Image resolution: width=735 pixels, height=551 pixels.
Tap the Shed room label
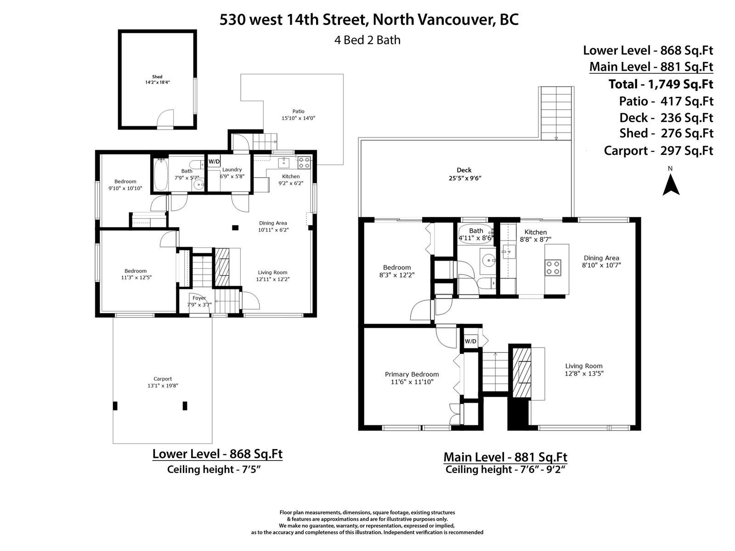(x=157, y=77)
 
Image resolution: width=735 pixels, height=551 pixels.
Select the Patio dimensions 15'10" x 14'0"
(x=298, y=118)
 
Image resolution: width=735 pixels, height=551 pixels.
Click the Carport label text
(x=163, y=379)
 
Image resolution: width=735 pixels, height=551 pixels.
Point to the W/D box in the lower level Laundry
(x=215, y=162)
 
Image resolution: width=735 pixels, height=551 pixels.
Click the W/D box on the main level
(x=470, y=341)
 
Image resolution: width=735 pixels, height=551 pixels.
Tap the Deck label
(x=464, y=170)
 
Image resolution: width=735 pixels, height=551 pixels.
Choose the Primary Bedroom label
(x=412, y=374)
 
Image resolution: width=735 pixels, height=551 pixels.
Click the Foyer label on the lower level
(x=199, y=298)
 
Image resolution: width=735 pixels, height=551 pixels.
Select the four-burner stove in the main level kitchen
(x=553, y=268)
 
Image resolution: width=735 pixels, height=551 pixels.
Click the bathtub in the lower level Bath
(x=161, y=174)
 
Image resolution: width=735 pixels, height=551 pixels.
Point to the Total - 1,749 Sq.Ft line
(x=661, y=84)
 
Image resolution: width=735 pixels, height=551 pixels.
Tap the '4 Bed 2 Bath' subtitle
(x=367, y=40)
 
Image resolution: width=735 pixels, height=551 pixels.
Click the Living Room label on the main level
(x=584, y=366)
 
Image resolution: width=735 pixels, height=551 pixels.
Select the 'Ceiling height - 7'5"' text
(x=214, y=469)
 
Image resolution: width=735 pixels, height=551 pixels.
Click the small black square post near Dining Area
(x=235, y=228)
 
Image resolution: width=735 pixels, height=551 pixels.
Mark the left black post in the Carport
(x=115, y=406)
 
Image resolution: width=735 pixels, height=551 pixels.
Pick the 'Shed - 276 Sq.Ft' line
(x=667, y=133)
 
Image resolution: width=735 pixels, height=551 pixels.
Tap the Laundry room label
(x=232, y=169)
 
